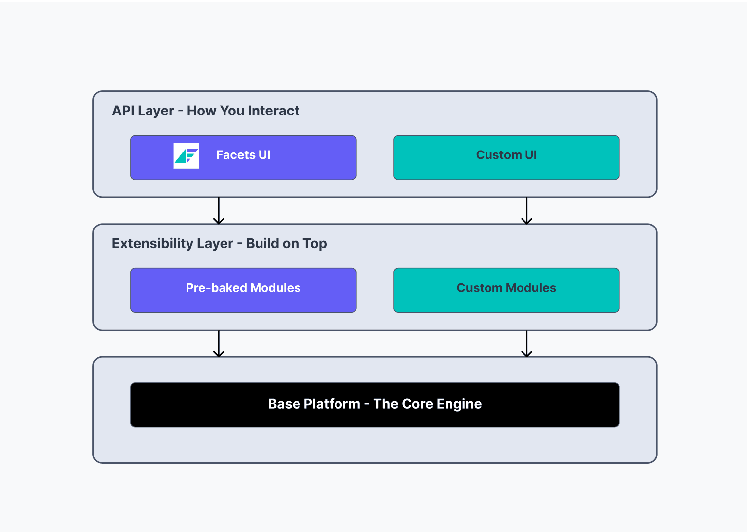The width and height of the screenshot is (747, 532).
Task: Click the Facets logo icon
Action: (186, 156)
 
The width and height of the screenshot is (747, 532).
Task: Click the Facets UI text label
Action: (243, 155)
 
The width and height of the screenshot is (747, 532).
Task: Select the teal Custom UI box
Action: (506, 157)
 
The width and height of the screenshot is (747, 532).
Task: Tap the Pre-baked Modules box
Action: (243, 290)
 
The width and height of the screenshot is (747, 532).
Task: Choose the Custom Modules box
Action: (506, 290)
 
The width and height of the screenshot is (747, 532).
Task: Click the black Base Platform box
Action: (374, 405)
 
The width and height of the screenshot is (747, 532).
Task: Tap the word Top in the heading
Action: (314, 243)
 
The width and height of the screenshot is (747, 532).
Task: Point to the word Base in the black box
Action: (284, 404)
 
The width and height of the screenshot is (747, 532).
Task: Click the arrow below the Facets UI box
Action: (219, 211)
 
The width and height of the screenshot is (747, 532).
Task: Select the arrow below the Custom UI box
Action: (526, 211)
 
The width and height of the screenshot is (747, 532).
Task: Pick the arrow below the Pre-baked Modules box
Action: (219, 343)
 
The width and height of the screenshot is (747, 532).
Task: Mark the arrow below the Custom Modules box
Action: (526, 343)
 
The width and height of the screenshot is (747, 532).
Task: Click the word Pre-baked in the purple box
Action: (216, 288)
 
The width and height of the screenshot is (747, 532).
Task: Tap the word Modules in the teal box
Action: (533, 288)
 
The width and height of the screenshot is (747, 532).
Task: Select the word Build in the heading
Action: (262, 243)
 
